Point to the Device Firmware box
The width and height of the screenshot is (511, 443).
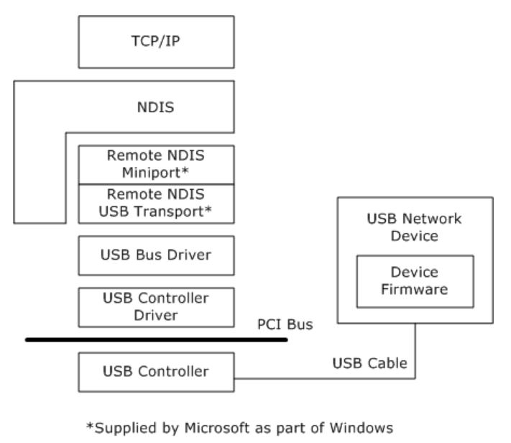pos(415,282)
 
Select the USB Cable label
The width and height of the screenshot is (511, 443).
pos(370,364)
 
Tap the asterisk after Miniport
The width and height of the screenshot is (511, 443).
pos(189,172)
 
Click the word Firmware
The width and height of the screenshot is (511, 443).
pos(415,290)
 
